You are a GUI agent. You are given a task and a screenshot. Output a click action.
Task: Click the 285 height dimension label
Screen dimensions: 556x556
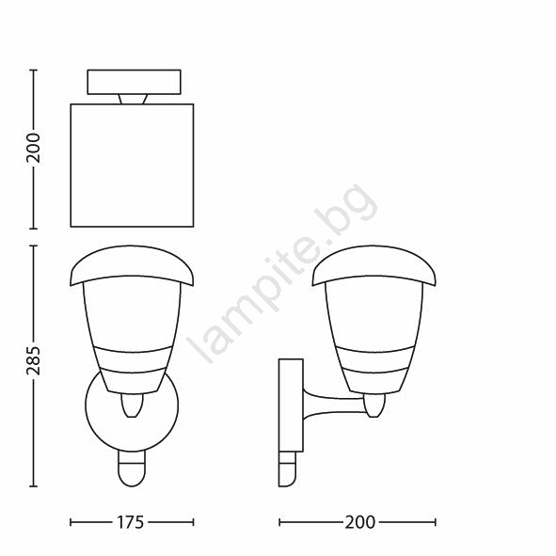tap(33, 360)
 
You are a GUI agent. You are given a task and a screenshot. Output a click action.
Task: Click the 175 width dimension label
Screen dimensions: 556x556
tap(130, 522)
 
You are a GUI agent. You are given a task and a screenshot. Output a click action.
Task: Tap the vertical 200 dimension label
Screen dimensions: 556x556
tap(33, 148)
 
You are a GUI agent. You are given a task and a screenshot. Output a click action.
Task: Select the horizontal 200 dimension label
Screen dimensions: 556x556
tap(360, 522)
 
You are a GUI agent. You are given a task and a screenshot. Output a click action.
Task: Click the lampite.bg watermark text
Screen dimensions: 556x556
tap(282, 273)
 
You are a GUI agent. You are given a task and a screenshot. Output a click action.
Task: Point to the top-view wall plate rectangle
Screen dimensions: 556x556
tap(134, 82)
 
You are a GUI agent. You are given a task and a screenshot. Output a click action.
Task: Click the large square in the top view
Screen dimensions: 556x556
tap(133, 166)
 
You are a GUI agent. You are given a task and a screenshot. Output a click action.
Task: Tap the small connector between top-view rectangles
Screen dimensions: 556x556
tap(134, 99)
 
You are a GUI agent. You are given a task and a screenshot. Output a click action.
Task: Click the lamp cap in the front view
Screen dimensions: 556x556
tap(132, 265)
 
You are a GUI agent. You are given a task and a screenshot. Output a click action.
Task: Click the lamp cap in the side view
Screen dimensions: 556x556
tap(373, 265)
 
